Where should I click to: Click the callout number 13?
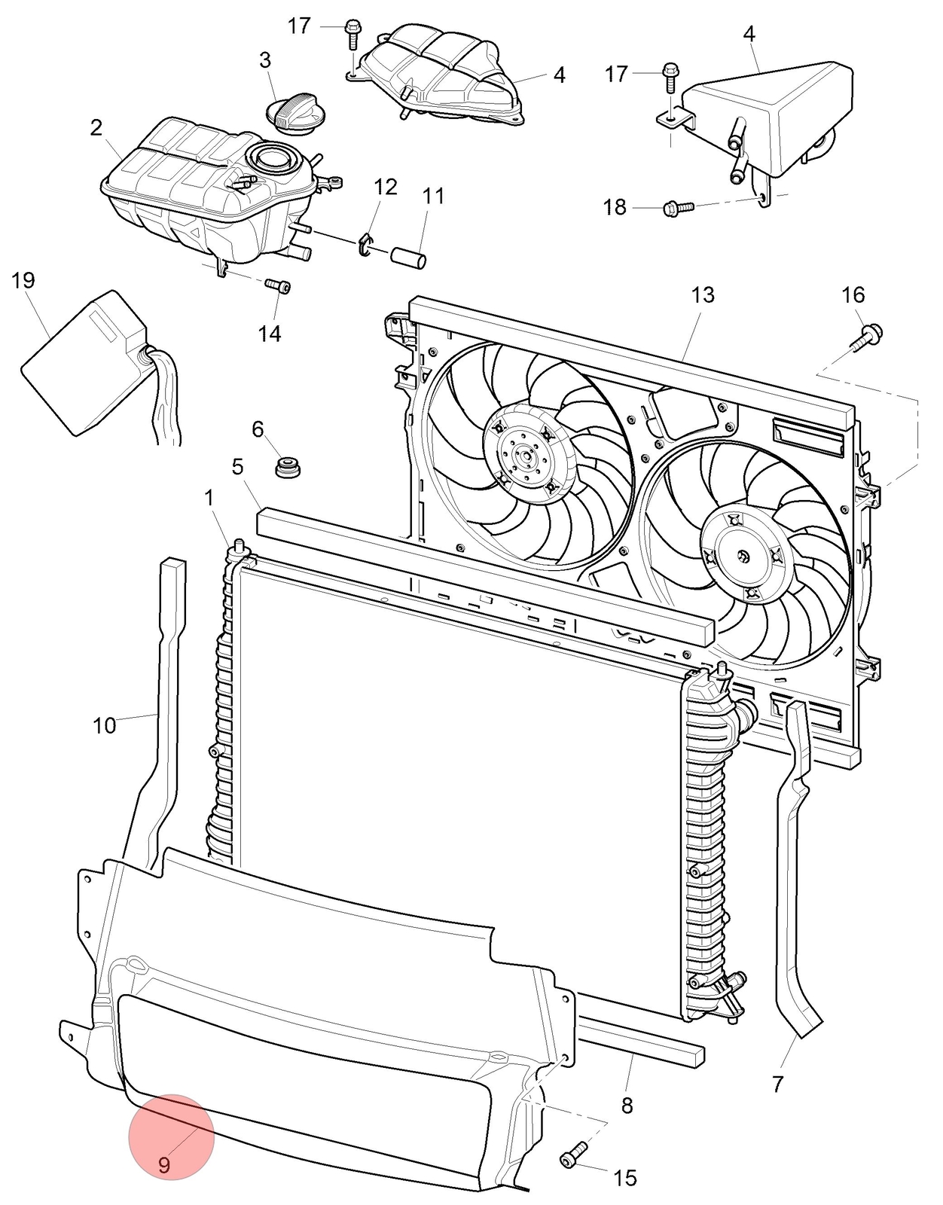703,295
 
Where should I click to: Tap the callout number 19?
23,281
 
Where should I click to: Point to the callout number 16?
853,295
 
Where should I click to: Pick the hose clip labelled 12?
367,245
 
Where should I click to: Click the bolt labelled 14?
278,285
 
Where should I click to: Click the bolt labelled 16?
865,337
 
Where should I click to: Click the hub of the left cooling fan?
519,456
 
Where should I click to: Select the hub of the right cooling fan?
742,556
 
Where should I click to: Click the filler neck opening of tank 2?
270,157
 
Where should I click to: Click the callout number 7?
777,1084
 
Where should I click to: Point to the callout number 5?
237,467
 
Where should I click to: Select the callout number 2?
96,128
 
